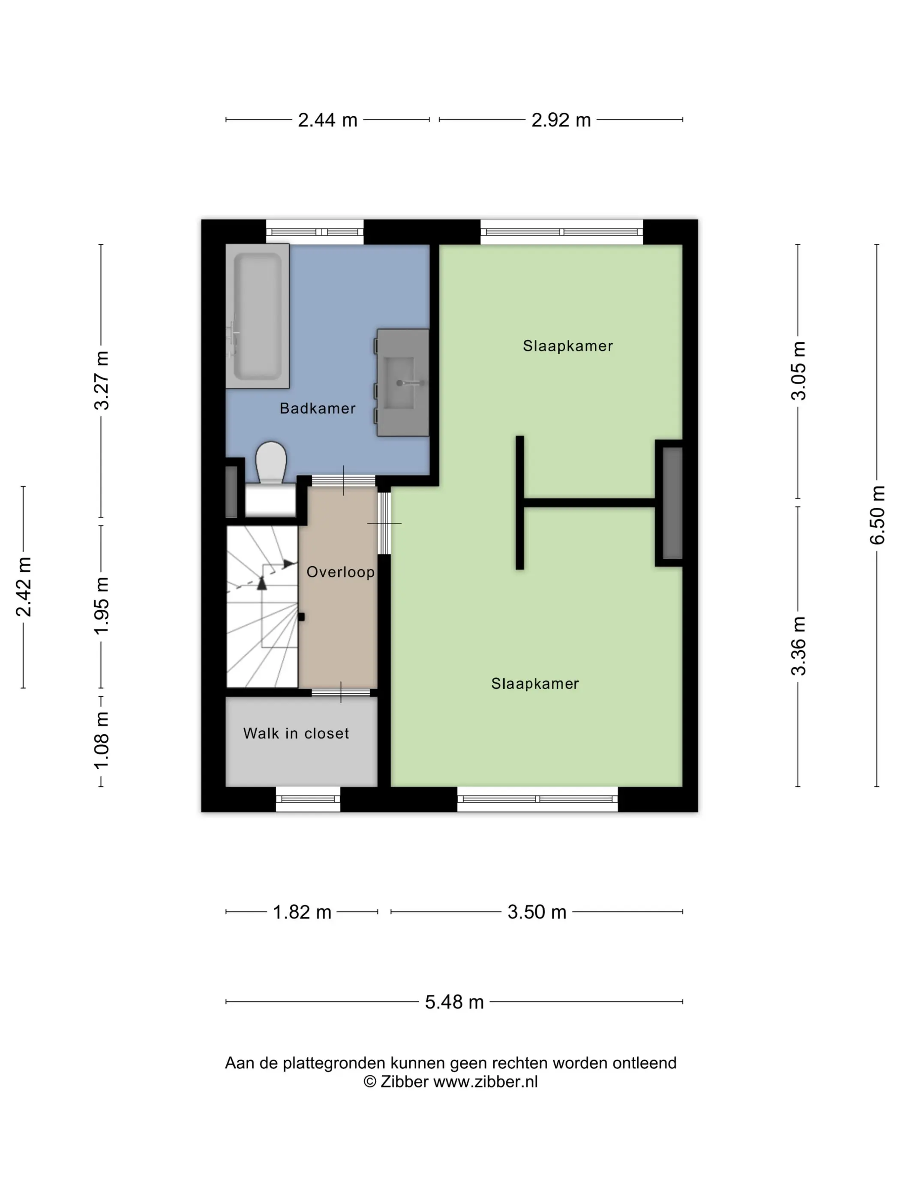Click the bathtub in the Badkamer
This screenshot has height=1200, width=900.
(x=257, y=316)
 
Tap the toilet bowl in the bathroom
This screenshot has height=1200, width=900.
(x=271, y=462)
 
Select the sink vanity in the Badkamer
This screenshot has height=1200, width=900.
(x=402, y=382)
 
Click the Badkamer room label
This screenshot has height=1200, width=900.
(x=318, y=408)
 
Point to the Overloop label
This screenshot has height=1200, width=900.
(x=340, y=572)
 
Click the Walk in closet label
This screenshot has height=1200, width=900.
(x=296, y=733)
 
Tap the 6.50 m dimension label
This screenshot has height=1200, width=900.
(x=877, y=515)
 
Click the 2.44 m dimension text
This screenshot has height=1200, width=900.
(x=328, y=120)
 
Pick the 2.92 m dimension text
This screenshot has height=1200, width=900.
(x=561, y=120)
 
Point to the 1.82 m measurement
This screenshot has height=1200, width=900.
(x=302, y=912)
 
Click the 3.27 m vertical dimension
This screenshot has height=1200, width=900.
(x=102, y=380)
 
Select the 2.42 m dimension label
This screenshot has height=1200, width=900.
(x=23, y=587)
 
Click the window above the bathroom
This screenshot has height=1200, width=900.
(x=315, y=232)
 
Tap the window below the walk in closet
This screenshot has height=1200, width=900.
(x=308, y=799)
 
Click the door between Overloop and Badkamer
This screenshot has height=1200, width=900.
(x=343, y=481)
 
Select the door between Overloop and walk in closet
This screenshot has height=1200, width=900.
(x=341, y=692)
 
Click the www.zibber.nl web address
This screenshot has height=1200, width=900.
(x=486, y=1081)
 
